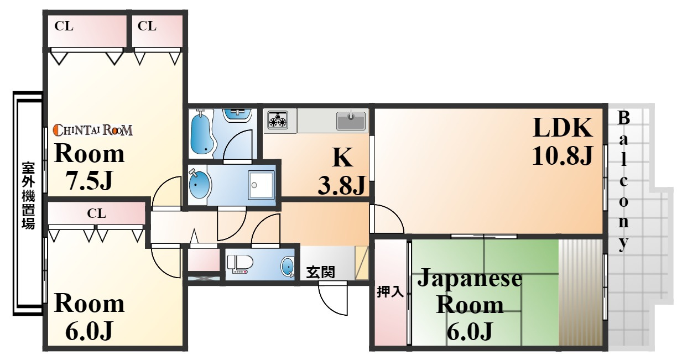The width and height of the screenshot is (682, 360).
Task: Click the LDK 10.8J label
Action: [562, 142]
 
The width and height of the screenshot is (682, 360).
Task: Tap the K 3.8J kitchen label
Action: [342, 173]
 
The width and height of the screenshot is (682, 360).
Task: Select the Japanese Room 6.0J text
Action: [469, 305]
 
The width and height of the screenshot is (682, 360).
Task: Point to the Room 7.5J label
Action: [88, 166]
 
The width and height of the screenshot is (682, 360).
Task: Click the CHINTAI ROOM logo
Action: [92, 131]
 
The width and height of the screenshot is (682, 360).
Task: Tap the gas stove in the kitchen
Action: [278, 120]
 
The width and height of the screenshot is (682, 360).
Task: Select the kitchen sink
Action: [351, 120]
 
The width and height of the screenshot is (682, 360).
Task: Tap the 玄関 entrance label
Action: [320, 272]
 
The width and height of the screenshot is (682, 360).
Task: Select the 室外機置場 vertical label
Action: [28, 196]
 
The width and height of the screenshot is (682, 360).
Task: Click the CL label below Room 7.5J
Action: [96, 213]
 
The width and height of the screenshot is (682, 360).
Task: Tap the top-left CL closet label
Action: [64, 27]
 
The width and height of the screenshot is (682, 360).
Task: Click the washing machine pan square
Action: [261, 184]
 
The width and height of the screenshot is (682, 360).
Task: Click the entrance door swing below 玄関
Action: [332, 299]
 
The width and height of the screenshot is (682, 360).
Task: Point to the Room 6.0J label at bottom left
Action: [88, 317]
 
